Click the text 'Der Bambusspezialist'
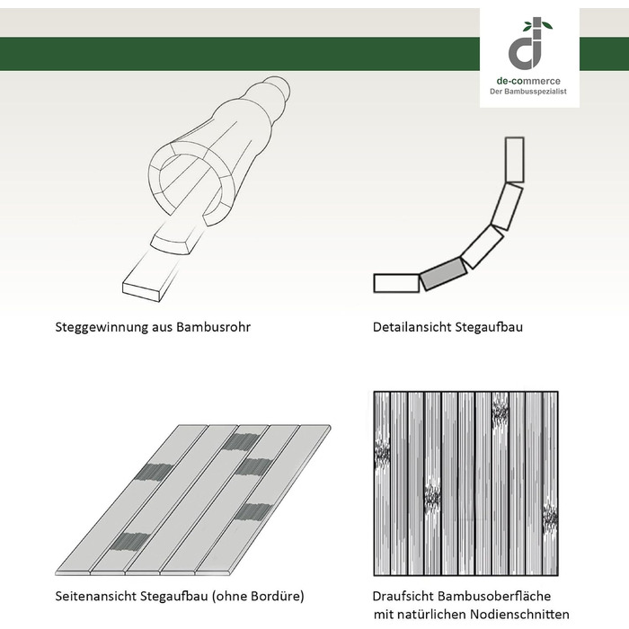[528, 92]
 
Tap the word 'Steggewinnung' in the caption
[102, 327]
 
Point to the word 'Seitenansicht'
[96, 596]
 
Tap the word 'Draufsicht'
[403, 596]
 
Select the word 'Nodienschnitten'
[520, 614]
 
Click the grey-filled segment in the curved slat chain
[443, 273]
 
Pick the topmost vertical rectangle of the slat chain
[514, 160]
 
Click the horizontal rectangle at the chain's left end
[396, 283]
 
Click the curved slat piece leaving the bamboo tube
[176, 240]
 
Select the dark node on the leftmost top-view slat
[382, 454]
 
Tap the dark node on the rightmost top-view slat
[550, 518]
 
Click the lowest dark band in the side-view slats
[129, 542]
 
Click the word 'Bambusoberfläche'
[494, 596]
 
